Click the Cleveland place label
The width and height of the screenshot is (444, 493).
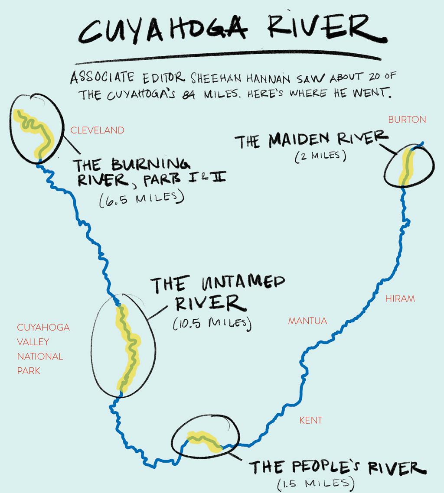[97, 130]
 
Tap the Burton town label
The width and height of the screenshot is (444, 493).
[407, 120]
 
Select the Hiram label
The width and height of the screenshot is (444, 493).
[400, 298]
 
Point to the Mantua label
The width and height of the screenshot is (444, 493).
[307, 321]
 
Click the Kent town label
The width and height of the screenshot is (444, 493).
[310, 420]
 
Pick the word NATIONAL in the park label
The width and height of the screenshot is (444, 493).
[40, 356]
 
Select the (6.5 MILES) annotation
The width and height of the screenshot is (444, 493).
[142, 198]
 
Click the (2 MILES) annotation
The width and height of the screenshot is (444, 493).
[321, 156]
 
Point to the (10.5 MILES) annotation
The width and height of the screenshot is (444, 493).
[212, 323]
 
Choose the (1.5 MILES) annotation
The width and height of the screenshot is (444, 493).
[316, 483]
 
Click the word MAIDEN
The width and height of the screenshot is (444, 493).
[299, 140]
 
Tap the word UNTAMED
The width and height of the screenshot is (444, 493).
[243, 282]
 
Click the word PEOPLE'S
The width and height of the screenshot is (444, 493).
[326, 467]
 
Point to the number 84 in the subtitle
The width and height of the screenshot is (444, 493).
[189, 94]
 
